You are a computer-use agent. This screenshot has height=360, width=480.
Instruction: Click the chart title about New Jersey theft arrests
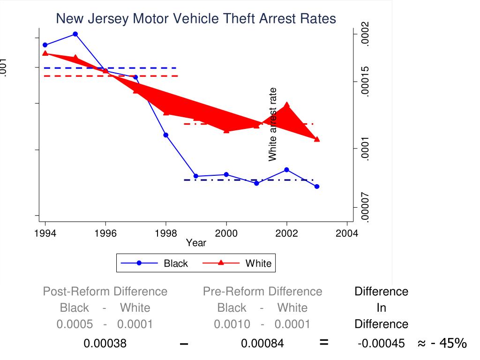[196, 18]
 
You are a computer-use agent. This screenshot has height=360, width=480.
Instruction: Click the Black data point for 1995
[75, 34]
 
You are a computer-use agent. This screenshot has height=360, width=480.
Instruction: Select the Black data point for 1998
[166, 135]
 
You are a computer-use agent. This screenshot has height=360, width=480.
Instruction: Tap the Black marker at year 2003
[317, 187]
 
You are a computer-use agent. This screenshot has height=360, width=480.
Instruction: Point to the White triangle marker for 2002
[286, 105]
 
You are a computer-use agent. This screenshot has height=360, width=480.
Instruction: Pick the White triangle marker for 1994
[45, 53]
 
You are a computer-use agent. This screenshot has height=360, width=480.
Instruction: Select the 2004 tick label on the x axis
[347, 234]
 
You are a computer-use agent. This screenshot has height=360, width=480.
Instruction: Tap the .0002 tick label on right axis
[366, 34]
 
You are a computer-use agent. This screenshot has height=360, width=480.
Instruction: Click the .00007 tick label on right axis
[366, 208]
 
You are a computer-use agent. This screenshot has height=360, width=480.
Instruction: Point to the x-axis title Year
[195, 243]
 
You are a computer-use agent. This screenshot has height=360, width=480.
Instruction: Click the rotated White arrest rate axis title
[273, 124]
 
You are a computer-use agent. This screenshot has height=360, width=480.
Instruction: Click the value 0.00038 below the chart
[105, 344]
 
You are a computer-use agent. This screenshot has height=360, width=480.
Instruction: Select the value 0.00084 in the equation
[262, 344]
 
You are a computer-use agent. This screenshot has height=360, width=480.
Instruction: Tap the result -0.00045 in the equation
[381, 344]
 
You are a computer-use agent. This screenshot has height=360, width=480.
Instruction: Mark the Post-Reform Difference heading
[105, 292]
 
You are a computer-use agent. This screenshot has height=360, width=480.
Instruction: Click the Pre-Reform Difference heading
[262, 292]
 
